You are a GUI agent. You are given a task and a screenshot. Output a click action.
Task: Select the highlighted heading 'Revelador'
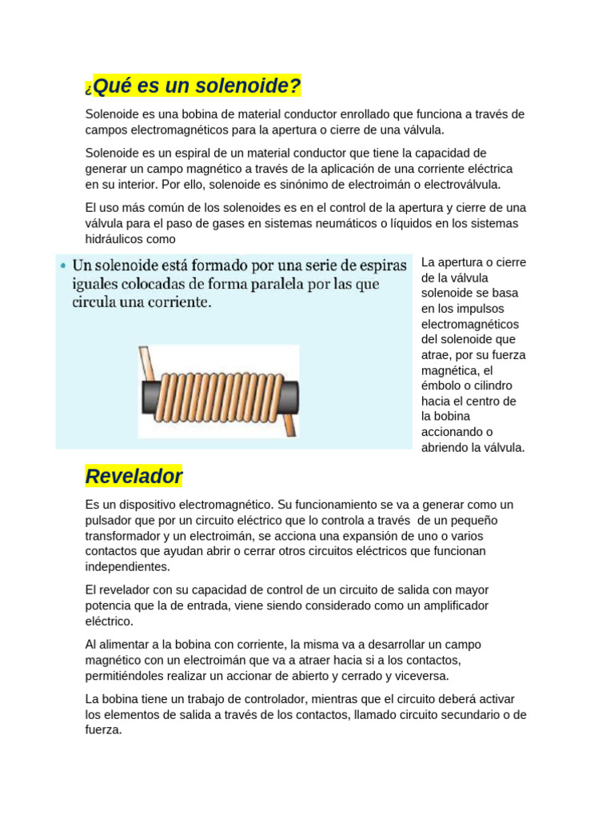[x=134, y=477]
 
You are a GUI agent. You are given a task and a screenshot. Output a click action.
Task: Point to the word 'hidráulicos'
[x=117, y=238]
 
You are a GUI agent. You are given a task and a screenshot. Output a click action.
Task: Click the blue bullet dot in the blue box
[x=62, y=265]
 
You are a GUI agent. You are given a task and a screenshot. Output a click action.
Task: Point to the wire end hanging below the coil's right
[x=292, y=424]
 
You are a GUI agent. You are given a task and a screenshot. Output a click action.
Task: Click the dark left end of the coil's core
[x=151, y=396]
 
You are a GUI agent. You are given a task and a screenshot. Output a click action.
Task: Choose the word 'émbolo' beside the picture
[x=441, y=386]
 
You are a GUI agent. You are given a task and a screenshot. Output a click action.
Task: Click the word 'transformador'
[x=124, y=536]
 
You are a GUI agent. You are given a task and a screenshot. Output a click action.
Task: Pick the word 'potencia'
[x=109, y=605]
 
